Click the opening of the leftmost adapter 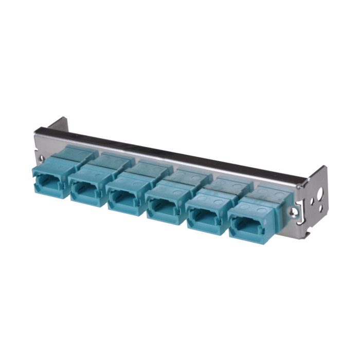coord(49,180)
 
